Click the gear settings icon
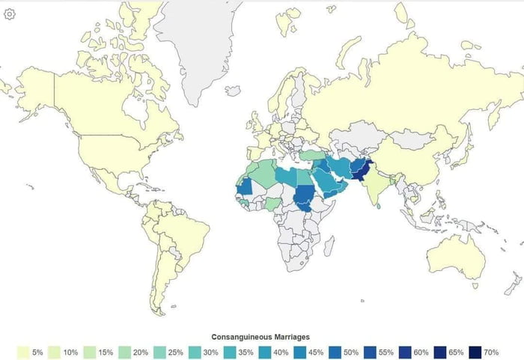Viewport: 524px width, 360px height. [x=10, y=14]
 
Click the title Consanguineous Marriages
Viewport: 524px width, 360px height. [x=261, y=337]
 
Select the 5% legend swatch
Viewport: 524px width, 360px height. [x=23, y=352]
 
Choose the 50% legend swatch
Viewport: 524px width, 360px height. [x=339, y=352]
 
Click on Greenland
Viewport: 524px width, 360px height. [x=196, y=45]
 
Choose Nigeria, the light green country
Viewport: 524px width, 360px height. [x=274, y=204]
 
